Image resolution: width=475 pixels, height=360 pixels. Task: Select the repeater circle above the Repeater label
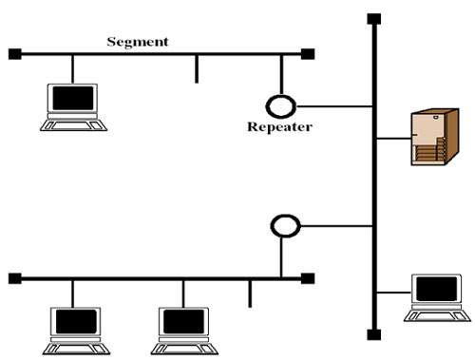[281, 104]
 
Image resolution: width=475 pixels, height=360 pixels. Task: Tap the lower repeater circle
[285, 226]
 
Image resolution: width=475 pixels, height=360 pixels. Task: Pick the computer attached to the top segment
[72, 104]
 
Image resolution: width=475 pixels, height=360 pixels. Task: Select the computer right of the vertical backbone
[435, 295]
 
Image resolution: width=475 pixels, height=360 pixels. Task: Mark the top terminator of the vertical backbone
[374, 18]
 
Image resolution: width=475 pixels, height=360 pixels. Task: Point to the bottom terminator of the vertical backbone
[374, 334]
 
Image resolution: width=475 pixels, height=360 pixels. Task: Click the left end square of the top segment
[14, 53]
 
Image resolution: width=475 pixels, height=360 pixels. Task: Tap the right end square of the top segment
[308, 53]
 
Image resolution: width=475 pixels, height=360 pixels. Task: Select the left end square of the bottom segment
[14, 278]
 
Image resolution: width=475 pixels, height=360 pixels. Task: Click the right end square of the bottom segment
[308, 278]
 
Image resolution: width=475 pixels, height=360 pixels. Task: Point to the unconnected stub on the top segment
[197, 69]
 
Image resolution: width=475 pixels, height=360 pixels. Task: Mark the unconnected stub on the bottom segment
[250, 294]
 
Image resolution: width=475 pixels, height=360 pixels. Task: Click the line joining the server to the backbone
[393, 139]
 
